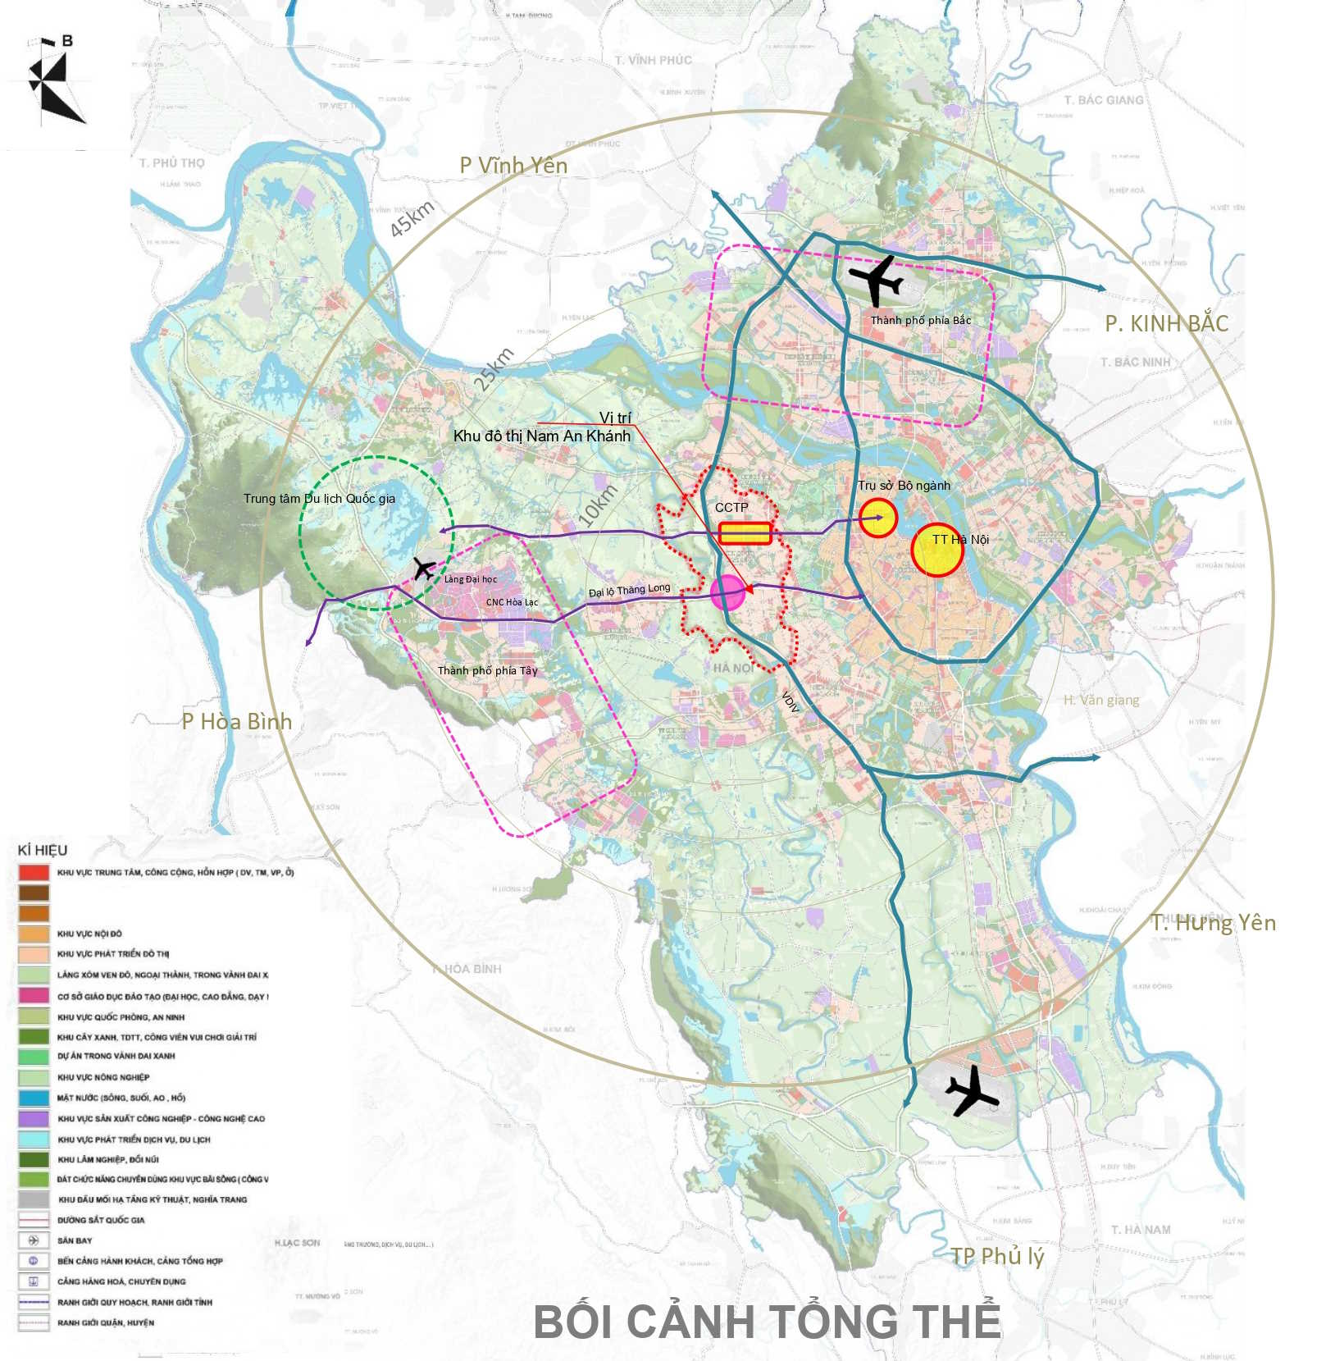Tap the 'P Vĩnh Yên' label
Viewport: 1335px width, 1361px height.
[x=513, y=166]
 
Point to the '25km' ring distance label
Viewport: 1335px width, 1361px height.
[x=494, y=368]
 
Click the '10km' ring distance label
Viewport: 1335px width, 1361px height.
[x=597, y=505]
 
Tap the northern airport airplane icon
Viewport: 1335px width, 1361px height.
[x=876, y=278]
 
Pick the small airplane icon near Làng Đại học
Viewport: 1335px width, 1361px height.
[x=424, y=568]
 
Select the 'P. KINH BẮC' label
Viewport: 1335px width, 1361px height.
[x=1166, y=323]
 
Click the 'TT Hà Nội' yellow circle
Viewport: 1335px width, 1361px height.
[x=936, y=550]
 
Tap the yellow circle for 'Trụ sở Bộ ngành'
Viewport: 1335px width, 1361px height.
[x=878, y=518]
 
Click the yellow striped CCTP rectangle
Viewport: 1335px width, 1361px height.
[x=745, y=533]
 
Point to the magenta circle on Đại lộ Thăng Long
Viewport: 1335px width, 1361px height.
[x=727, y=592]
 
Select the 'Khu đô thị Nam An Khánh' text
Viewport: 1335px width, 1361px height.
[x=542, y=436]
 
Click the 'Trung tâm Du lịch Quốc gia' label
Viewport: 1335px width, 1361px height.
[x=319, y=499]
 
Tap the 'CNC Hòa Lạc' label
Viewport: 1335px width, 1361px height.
[x=512, y=602]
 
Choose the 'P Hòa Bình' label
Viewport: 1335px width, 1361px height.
[x=236, y=722]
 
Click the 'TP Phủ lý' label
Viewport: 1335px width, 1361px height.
[x=997, y=1256]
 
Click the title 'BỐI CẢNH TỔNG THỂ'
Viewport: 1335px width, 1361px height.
[x=767, y=1321]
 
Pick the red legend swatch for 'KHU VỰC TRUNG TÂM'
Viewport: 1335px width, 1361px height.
[x=34, y=872]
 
